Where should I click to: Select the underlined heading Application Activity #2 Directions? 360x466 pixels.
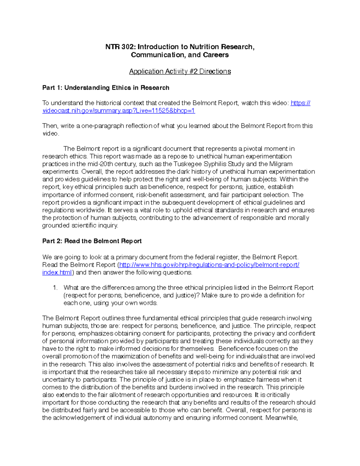(x=180, y=71)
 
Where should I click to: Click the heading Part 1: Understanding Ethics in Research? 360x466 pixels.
(x=106, y=88)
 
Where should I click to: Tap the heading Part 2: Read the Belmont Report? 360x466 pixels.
(x=92, y=241)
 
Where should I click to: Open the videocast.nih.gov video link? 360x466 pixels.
(x=118, y=111)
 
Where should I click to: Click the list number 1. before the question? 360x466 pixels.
(x=55, y=287)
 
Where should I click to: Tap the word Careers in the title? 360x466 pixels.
(x=216, y=55)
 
